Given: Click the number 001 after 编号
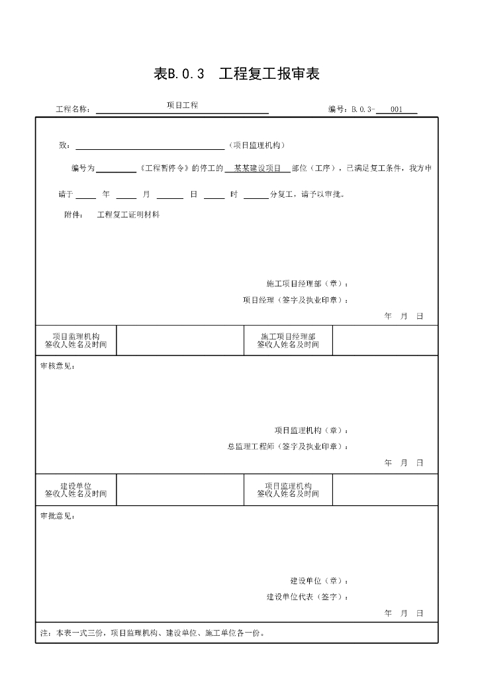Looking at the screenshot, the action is tap(397, 109).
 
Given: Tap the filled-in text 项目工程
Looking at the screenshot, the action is tap(183, 105).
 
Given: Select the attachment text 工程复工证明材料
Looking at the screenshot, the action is tap(128, 215).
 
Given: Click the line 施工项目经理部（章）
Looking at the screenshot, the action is tap(307, 284).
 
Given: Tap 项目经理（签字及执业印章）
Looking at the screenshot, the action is tap(295, 300).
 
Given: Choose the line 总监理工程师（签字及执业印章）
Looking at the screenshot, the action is tap(287, 447).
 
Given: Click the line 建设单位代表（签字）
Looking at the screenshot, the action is tap(307, 597).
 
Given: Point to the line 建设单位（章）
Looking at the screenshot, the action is tap(319, 581).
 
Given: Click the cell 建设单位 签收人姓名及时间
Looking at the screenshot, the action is tap(75, 490).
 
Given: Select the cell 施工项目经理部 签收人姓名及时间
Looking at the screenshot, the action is tap(288, 341).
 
